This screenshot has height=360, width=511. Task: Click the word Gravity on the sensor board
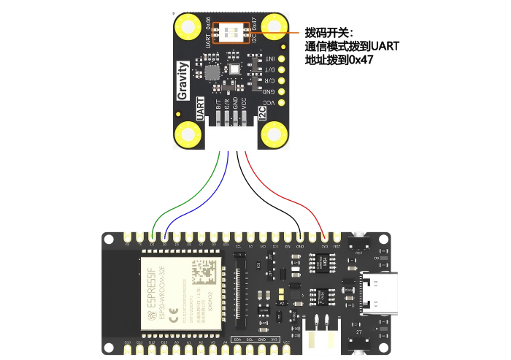(x=183, y=80)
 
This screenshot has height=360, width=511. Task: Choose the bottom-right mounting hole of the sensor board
(x=274, y=134)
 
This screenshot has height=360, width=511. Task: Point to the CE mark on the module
(x=174, y=316)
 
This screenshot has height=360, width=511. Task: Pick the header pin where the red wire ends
(x=324, y=237)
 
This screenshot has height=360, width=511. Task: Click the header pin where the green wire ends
(x=152, y=237)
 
